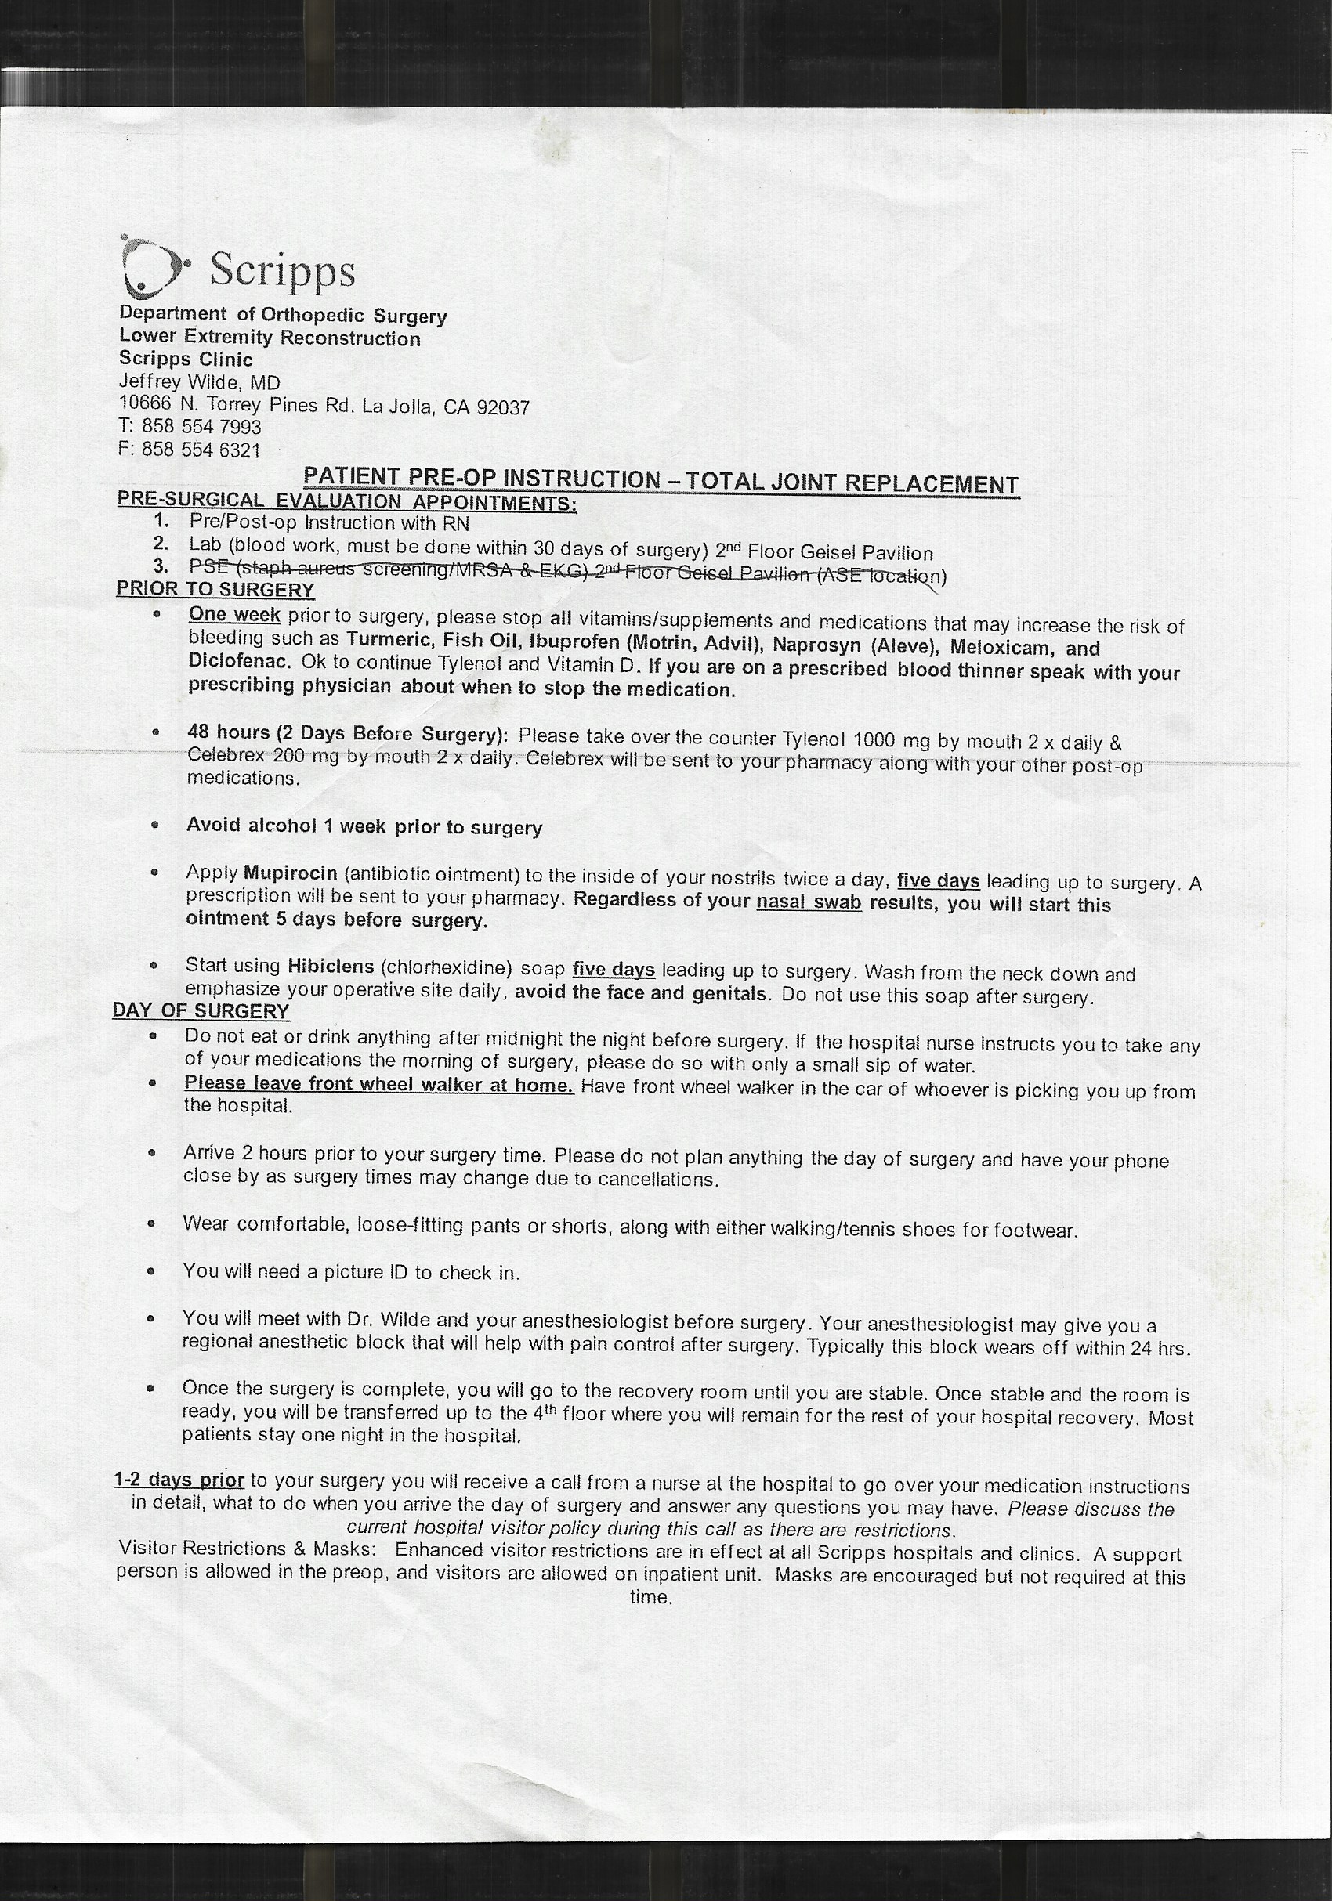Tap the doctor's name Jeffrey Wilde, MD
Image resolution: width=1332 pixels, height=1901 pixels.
(200, 382)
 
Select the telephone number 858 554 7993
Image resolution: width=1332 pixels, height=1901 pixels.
(201, 426)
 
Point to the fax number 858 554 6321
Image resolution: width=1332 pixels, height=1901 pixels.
(201, 450)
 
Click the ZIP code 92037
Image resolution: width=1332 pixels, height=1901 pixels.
(503, 407)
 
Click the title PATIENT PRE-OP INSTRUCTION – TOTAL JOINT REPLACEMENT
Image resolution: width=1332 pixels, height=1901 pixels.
(661, 480)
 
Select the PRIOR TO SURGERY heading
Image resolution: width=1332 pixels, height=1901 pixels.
(215, 590)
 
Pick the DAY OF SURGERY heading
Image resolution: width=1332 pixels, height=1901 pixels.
(201, 1011)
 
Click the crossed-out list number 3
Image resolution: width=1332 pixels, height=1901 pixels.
(161, 566)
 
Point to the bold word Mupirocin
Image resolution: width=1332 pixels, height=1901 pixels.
(290, 873)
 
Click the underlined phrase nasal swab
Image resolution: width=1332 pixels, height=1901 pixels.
(809, 903)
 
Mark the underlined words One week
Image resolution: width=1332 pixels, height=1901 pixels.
(234, 615)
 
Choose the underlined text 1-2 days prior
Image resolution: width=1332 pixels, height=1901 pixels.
(179, 1480)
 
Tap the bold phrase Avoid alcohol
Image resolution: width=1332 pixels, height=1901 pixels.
(252, 825)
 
